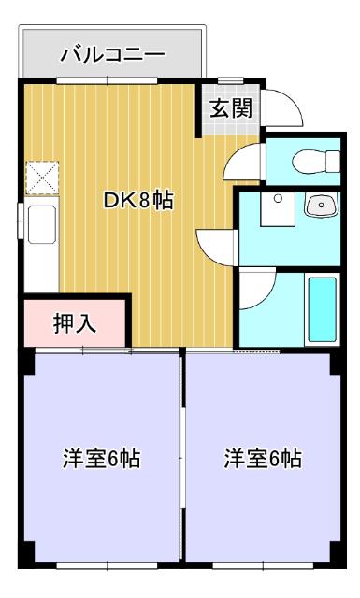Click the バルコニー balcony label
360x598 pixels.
click(x=112, y=54)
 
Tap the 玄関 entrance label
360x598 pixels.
click(x=229, y=108)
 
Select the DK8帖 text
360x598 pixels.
click(x=137, y=199)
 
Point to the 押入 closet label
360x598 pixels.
click(x=74, y=324)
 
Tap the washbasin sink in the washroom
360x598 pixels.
click(x=319, y=205)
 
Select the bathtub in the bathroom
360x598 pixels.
click(x=322, y=309)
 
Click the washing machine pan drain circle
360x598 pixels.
click(x=277, y=199)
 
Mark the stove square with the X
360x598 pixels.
click(x=42, y=176)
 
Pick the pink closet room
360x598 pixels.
click(x=74, y=322)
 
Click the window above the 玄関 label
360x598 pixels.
click(x=231, y=83)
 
